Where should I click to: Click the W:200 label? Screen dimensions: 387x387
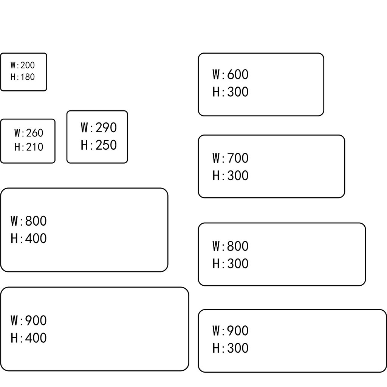coord(23,65)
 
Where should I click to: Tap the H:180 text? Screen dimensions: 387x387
coord(23,77)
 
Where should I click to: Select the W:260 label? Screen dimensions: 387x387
coord(29,133)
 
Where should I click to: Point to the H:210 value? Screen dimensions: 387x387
coord(29,147)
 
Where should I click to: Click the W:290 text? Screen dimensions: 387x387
coord(99,128)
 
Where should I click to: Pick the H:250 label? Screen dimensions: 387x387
coord(99,145)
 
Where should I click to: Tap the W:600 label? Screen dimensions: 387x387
coord(230,74)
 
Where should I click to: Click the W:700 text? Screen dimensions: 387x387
coord(230,158)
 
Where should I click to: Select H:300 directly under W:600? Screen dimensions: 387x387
coord(230,92)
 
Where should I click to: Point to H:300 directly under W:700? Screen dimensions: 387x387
coord(230,176)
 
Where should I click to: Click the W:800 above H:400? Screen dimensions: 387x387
coord(29,221)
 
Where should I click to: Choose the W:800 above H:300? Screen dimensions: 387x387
coord(230,246)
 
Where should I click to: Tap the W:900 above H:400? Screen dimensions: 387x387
coord(29,320)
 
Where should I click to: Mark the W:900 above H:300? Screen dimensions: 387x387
coord(230,331)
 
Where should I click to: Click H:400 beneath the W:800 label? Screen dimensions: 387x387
coord(29,238)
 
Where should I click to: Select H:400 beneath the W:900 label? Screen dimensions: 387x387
coord(29,338)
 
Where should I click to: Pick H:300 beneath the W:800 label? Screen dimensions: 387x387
coord(230,264)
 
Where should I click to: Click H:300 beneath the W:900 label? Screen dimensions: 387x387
coord(230,348)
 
